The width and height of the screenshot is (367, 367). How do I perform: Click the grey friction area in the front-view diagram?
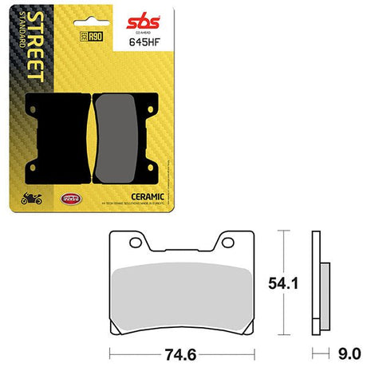[x=178, y=287]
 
